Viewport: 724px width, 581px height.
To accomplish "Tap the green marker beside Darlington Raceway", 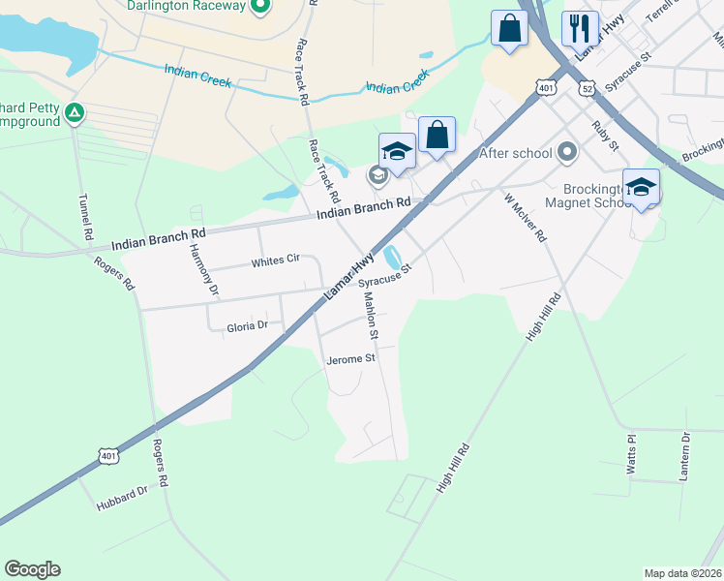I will click(x=259, y=6).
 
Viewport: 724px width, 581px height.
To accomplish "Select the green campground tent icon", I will click(x=75, y=114).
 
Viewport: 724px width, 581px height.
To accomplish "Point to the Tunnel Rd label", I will click(x=84, y=222).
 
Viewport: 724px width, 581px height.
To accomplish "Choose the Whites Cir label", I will click(x=276, y=261).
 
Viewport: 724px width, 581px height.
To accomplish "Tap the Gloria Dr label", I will click(x=247, y=326).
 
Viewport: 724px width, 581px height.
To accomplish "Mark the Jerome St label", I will click(x=350, y=358).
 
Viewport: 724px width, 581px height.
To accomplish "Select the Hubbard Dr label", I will click(x=121, y=497).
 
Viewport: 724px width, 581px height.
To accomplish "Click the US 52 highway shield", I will click(x=588, y=88).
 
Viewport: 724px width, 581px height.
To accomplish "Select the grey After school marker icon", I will click(x=568, y=152).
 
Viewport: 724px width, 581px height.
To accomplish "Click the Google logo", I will click(x=33, y=569).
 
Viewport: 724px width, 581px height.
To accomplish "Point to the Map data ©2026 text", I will click(x=682, y=573).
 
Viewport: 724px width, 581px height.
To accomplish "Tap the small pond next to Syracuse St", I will click(x=392, y=258).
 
